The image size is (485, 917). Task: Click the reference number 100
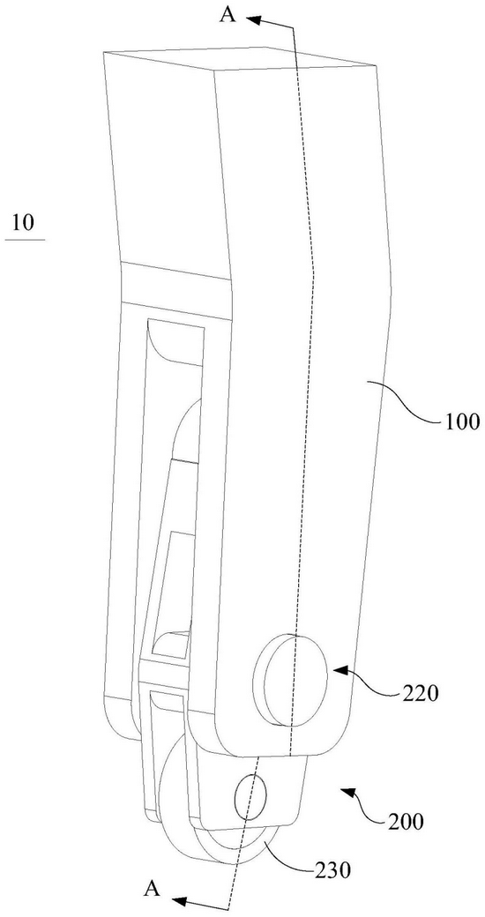[x=461, y=421]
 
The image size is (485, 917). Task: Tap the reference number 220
[x=420, y=694]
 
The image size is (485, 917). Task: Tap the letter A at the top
[x=228, y=14]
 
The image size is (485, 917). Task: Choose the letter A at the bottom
[x=152, y=889]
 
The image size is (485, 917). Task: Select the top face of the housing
[x=240, y=59]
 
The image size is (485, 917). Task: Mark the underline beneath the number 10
[x=26, y=240]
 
